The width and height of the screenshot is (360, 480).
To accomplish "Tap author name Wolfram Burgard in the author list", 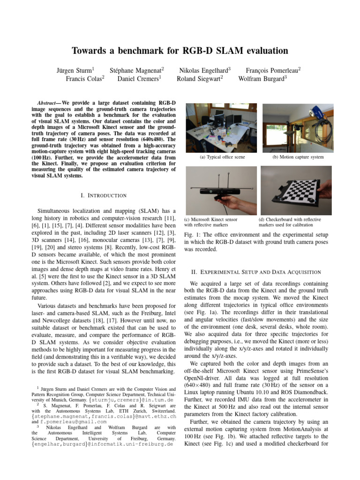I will click(261, 79).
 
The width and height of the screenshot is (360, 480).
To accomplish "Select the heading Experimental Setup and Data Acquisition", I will click(256, 272).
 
